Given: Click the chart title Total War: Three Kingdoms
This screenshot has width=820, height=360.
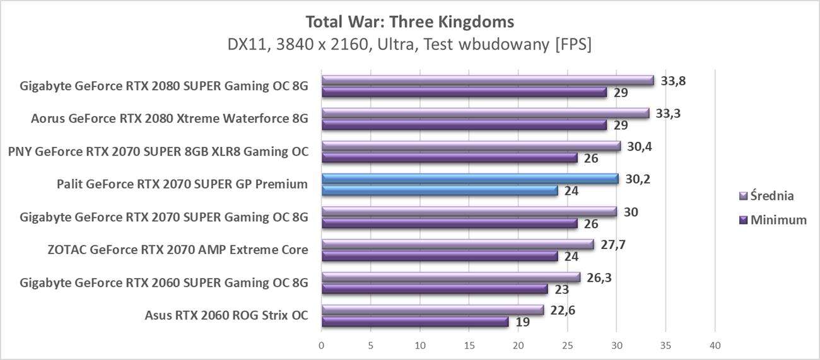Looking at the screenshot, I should [x=409, y=22].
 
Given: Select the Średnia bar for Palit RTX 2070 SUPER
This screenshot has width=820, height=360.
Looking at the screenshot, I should [x=470, y=179].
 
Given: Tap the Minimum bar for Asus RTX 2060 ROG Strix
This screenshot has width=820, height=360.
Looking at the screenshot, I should [x=415, y=322].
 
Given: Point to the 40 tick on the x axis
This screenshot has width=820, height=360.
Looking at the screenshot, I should [x=715, y=345].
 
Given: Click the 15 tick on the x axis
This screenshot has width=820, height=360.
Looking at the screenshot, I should [x=469, y=345].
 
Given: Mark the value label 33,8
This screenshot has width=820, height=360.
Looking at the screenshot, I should [x=674, y=81].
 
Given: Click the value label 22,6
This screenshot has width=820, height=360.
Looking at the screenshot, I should [x=563, y=310].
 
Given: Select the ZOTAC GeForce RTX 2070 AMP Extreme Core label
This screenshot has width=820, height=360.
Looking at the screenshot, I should [x=178, y=250].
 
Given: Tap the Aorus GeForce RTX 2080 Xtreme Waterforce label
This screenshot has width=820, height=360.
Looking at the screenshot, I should [x=170, y=118].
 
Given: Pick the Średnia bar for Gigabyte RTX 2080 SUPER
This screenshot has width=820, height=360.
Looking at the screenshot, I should [x=488, y=81].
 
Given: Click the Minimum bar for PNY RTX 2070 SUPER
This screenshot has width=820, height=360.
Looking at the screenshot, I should [x=449, y=158].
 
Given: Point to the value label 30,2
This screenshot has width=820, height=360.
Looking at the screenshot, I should [x=638, y=179].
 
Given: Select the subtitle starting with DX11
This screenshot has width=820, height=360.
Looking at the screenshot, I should [x=409, y=45].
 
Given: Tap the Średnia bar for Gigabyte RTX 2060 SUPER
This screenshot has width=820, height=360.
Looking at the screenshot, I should [x=450, y=277].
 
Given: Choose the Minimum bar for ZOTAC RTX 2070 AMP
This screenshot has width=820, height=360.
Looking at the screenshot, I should [x=440, y=256].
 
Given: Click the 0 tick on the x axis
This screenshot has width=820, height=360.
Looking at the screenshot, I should [x=322, y=345].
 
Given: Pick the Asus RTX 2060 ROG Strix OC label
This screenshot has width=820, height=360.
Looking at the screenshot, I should [x=226, y=315].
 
